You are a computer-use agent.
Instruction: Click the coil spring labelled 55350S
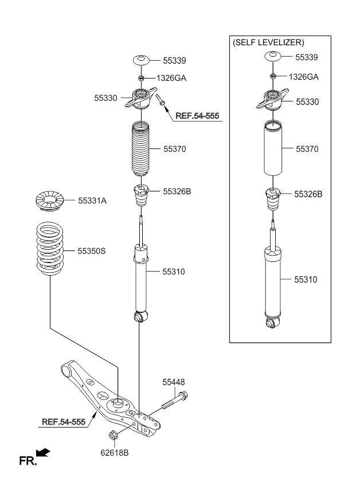(x=50, y=249)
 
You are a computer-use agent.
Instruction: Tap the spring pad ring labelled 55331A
(x=50, y=201)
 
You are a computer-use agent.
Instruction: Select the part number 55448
(x=173, y=382)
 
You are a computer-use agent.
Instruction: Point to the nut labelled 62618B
(x=113, y=436)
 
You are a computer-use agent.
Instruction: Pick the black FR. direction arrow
(x=43, y=453)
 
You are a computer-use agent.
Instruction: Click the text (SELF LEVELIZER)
(x=268, y=42)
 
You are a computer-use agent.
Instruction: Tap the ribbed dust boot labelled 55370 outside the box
(x=141, y=149)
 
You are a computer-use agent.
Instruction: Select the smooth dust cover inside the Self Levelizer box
(x=273, y=148)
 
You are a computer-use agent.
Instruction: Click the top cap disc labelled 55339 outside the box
(x=142, y=60)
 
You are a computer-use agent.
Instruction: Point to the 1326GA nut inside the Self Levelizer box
(x=273, y=76)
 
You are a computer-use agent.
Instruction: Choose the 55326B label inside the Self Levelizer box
(x=308, y=194)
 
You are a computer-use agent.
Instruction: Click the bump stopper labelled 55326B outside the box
(x=141, y=195)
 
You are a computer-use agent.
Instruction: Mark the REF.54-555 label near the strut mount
(x=197, y=116)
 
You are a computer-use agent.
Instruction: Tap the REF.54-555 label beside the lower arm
(x=64, y=422)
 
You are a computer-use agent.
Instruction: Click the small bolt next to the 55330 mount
(x=161, y=100)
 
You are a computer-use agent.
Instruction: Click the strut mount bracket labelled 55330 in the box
(x=272, y=99)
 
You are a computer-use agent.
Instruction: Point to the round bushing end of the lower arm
(x=66, y=370)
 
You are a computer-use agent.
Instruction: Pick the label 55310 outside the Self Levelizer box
(x=174, y=272)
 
